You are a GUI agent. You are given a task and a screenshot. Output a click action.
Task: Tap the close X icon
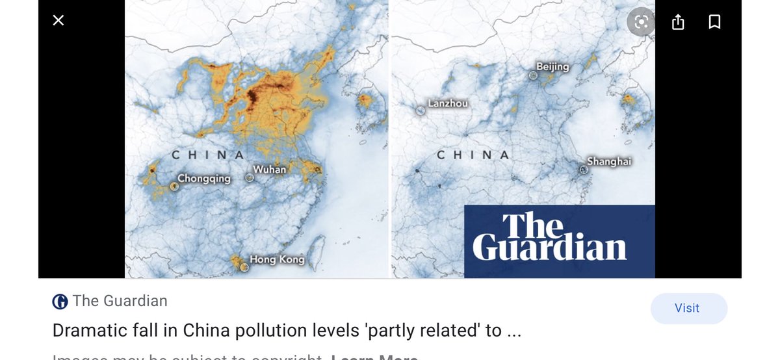coord(58,21)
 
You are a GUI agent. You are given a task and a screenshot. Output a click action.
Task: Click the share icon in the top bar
coord(678,23)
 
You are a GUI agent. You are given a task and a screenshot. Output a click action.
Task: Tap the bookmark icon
coord(714,23)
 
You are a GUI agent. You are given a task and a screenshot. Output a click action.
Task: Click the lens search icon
coord(641,23)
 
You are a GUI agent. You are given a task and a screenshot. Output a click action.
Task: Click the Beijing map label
coord(552,67)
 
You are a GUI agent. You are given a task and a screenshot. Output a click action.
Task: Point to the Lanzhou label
coord(447,103)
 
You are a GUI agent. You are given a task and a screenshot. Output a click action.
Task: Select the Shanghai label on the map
coord(609,161)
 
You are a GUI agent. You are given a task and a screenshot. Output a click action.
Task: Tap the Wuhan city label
coord(269,169)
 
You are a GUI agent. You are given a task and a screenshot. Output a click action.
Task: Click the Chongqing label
coord(204,179)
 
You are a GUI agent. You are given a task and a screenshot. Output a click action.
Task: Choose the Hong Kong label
coord(277,260)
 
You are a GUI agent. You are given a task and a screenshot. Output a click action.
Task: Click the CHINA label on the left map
coord(207,155)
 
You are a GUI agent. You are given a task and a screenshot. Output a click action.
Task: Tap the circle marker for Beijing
coord(534,75)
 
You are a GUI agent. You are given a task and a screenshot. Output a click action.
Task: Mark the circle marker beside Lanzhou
coord(421,110)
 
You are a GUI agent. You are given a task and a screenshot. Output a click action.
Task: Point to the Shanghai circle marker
coord(584,170)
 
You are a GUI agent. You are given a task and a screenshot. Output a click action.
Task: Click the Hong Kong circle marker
coord(244,266)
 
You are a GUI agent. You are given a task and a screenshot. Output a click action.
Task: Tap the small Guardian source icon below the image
coord(60,302)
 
